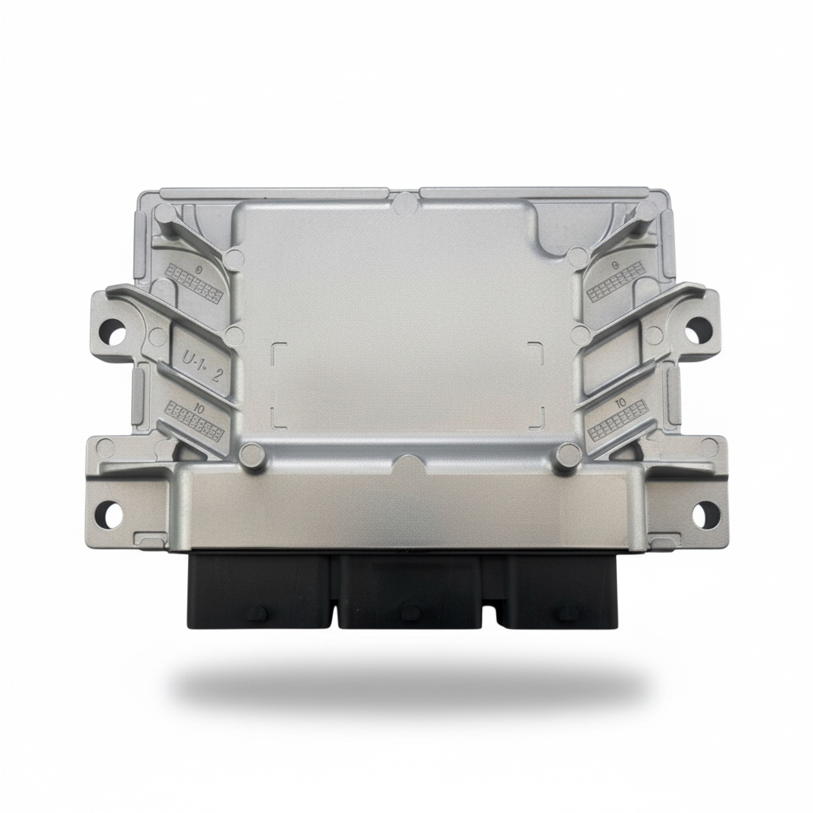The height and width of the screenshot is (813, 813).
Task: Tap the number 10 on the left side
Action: [199, 408]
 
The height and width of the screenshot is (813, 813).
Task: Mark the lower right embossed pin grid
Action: [611, 426]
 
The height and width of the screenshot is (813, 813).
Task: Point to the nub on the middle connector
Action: [410, 612]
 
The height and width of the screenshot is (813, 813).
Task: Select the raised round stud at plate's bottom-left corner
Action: [252, 454]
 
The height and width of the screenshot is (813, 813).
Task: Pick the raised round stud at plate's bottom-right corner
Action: [568, 454]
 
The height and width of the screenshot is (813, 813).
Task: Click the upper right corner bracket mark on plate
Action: [538, 349]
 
